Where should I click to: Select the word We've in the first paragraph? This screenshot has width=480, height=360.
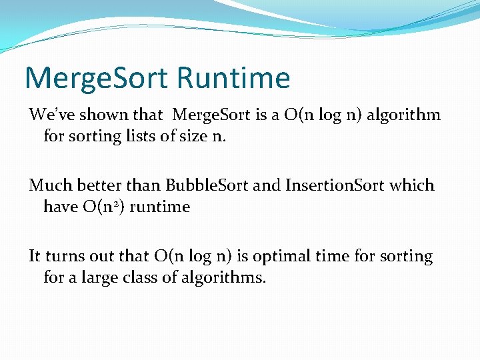point(49,115)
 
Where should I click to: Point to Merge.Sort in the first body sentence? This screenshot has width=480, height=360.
point(211,115)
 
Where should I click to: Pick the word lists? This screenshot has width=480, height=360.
point(134,137)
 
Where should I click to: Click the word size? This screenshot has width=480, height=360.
point(191,137)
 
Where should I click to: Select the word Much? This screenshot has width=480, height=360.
point(48,185)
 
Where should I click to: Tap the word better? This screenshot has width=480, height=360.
point(93,185)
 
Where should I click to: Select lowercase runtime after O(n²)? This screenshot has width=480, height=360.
point(160,207)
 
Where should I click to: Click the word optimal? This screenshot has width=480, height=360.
point(291,257)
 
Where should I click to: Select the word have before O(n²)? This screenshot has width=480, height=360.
point(61,207)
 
